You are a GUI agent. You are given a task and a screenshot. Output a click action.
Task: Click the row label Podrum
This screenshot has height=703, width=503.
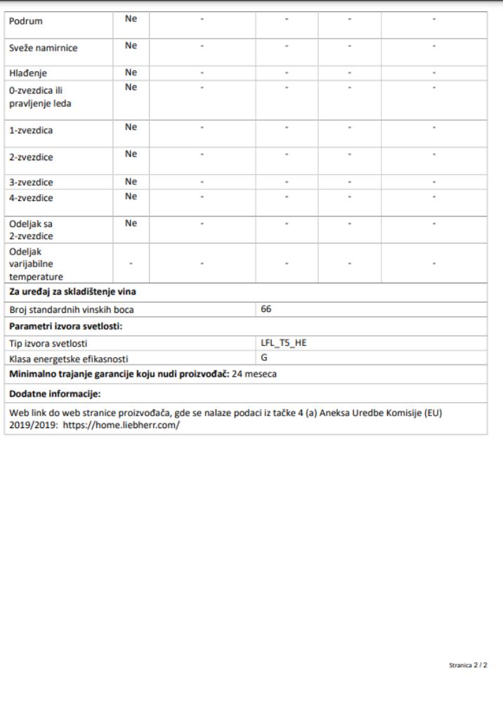pos(25,21)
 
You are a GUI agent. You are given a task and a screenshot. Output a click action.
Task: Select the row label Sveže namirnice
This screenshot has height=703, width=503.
pos(43,48)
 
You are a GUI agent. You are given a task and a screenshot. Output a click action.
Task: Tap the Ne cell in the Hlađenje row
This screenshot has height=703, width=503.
pos(130,72)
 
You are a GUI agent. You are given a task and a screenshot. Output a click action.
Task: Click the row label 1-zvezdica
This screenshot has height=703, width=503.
pos(31,131)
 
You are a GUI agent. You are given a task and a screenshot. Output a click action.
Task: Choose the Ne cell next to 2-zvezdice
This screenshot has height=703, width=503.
pos(130,154)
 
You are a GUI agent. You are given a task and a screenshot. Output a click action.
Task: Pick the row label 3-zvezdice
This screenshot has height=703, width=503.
pos(31,181)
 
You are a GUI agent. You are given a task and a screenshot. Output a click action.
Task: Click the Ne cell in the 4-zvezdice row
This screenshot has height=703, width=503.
pos(130,196)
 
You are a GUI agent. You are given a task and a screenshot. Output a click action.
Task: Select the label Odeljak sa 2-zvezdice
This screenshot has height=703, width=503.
pos(32,230)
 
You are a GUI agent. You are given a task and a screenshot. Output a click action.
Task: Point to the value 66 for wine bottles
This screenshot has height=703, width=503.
pos(266,309)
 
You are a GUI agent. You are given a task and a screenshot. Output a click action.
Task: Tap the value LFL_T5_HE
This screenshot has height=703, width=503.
pos(284,343)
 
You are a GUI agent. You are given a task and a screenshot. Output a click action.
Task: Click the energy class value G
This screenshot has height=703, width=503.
pos(264,357)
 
